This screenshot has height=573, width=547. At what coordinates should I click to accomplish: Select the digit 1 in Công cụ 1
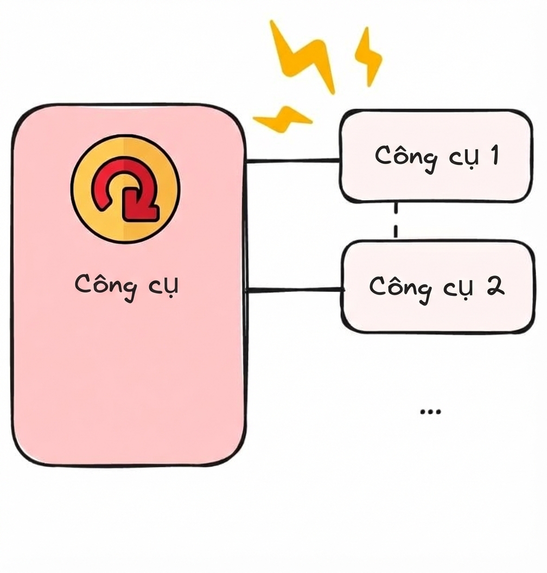click(x=494, y=155)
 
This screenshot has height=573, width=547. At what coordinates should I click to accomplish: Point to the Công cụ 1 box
click(x=436, y=156)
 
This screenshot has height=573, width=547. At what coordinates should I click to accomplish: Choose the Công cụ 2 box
click(x=437, y=286)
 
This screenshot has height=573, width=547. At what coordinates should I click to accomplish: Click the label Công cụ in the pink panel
click(x=126, y=286)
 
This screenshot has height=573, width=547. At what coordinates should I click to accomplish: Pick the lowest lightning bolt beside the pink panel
click(x=282, y=119)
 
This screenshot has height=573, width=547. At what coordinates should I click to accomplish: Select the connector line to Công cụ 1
click(x=292, y=161)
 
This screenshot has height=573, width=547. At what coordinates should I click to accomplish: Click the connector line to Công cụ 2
click(x=295, y=290)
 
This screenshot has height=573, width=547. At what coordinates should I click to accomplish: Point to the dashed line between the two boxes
click(x=396, y=221)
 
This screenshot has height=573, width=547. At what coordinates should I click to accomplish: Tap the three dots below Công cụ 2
click(x=431, y=412)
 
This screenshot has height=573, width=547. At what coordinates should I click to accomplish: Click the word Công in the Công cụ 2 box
click(x=400, y=289)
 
